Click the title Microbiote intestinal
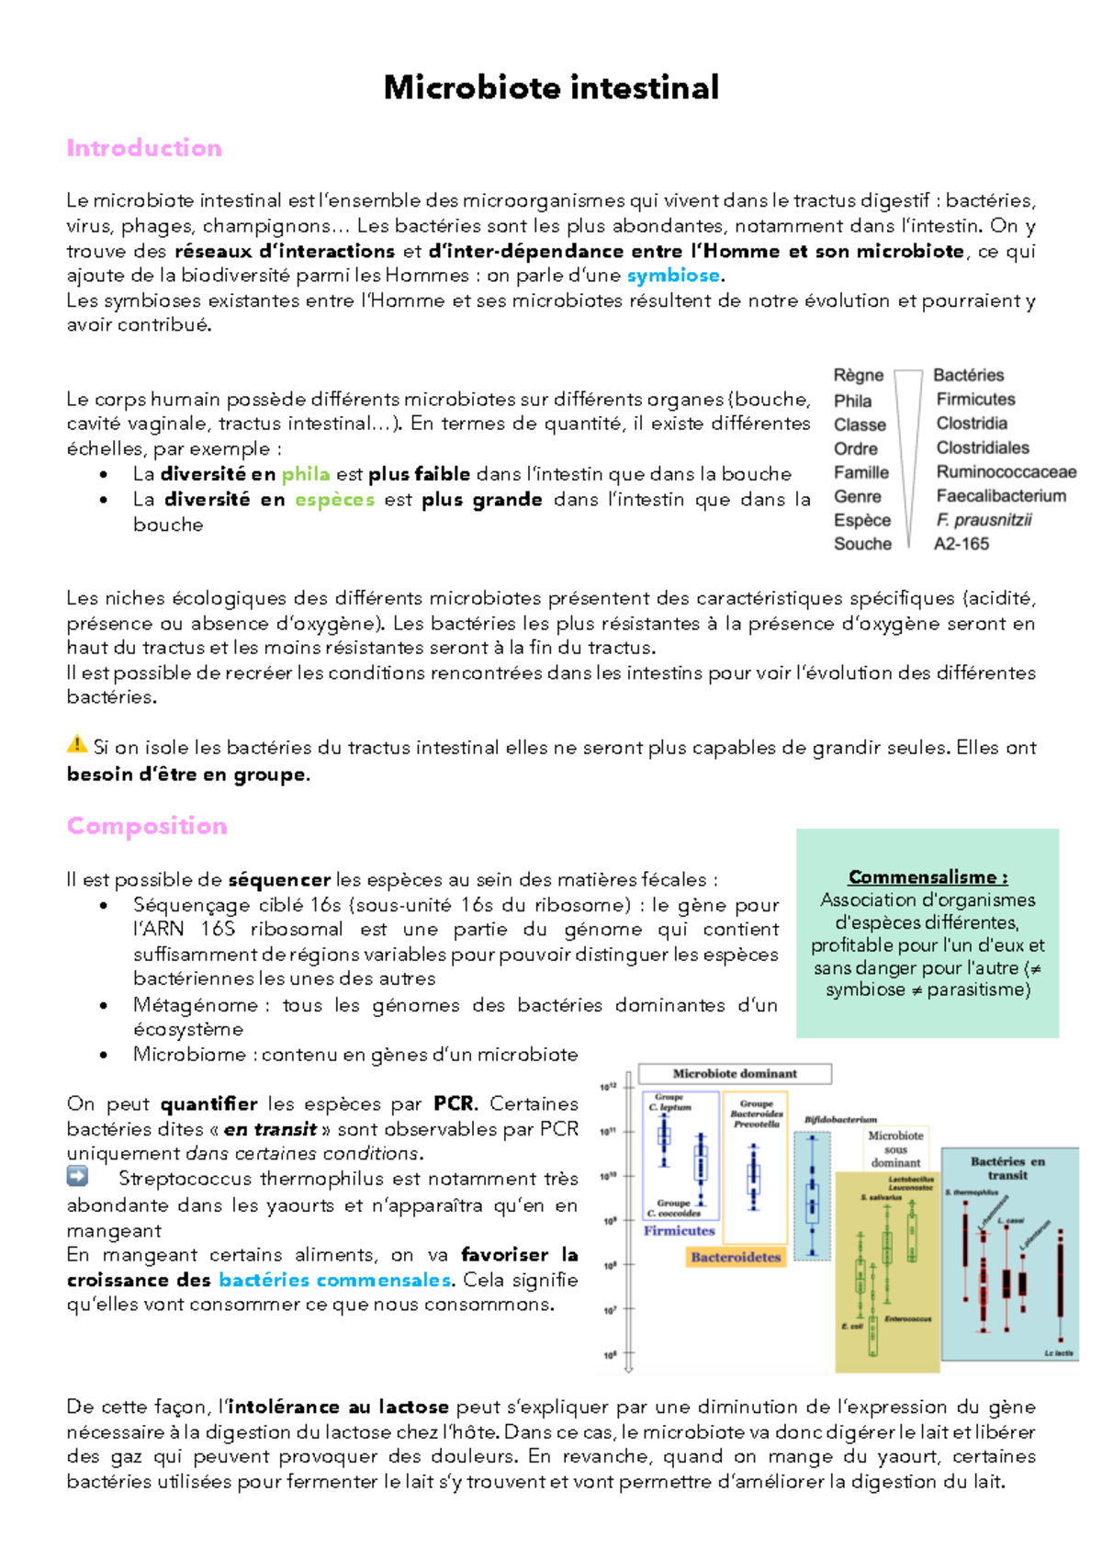551,88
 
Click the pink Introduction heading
144,148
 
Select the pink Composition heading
147,825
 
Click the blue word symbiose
673,276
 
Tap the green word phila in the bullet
305,474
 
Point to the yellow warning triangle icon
77,744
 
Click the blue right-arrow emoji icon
78,1176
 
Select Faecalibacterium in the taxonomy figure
1001,496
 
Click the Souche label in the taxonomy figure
862,544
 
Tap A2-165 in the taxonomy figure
961,544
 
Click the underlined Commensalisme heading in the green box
928,876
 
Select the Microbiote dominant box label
735,1073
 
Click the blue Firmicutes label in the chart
679,1230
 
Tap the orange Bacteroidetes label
736,1257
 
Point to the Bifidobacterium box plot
812,1194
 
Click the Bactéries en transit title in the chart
1007,1168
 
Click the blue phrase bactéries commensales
334,1280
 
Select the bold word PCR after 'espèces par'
455,1104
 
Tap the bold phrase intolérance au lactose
338,1407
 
